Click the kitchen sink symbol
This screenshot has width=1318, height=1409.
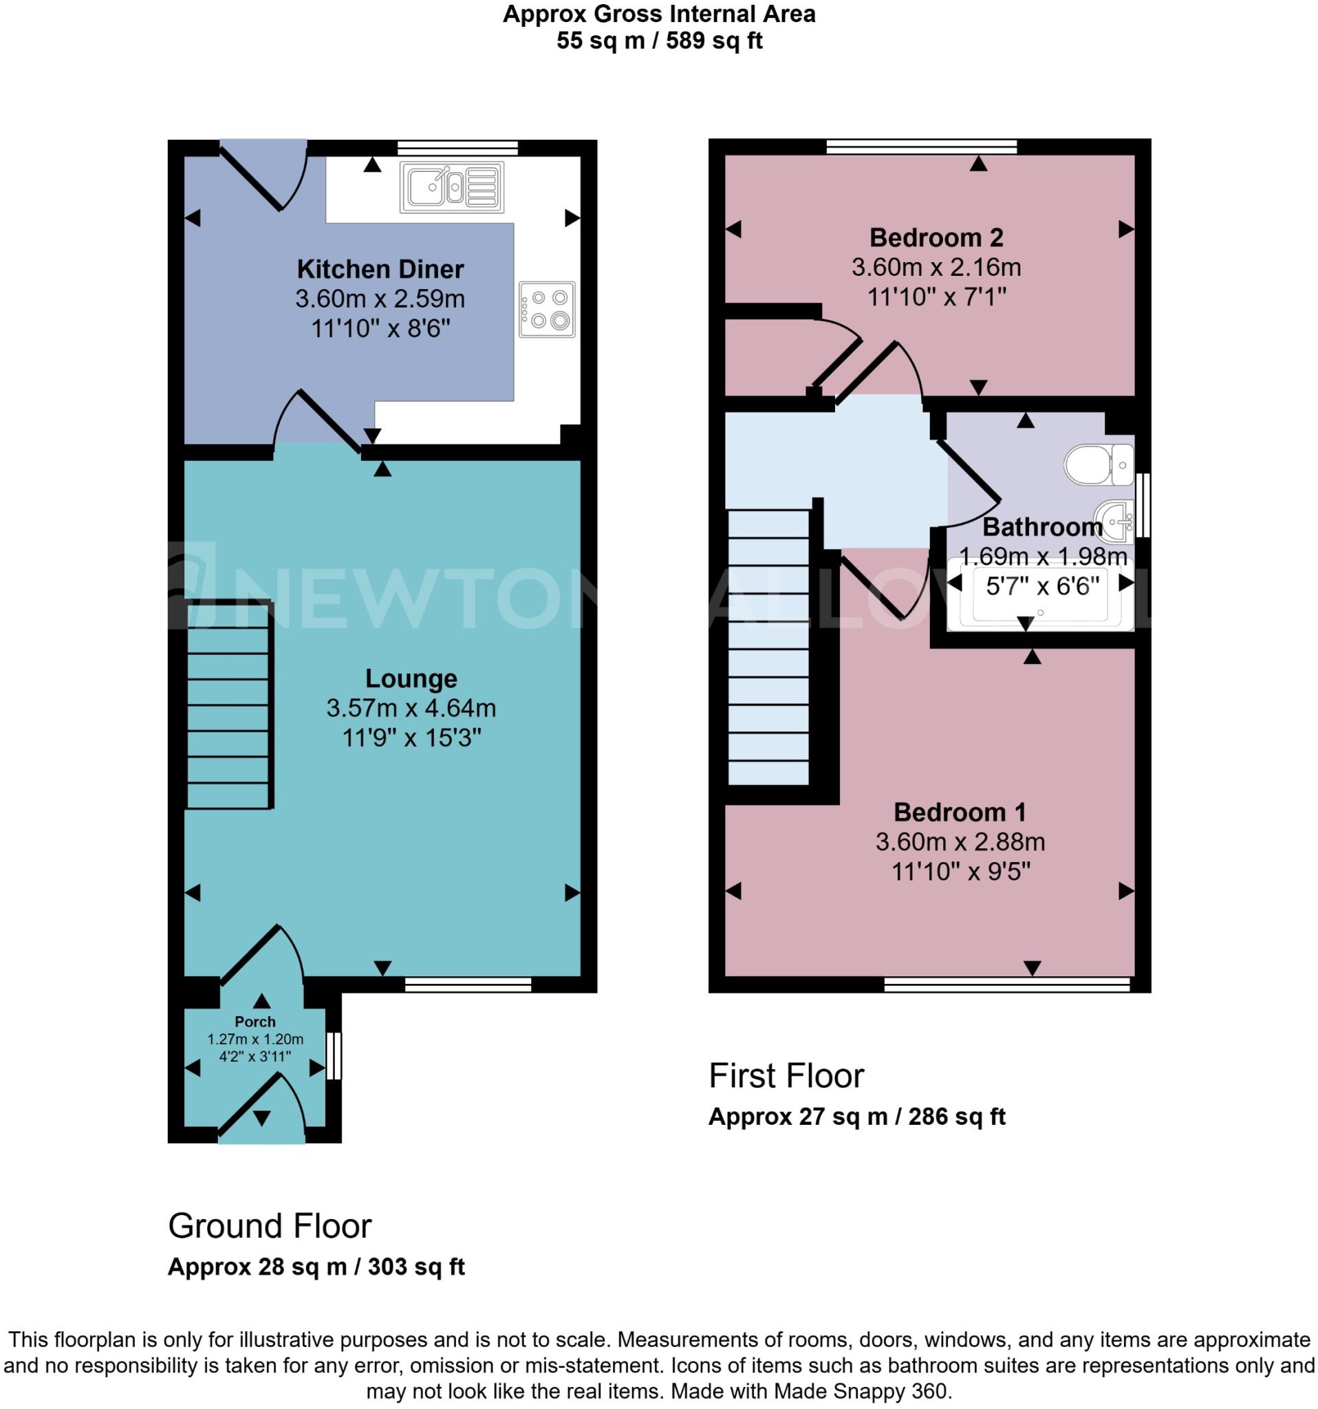[451, 187]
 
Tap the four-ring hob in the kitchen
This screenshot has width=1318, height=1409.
[546, 309]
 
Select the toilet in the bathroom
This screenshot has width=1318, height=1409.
[1099, 464]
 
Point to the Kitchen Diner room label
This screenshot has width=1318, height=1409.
[380, 269]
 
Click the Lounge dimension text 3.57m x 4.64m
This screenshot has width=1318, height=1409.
[411, 708]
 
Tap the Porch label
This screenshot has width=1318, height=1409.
[255, 1021]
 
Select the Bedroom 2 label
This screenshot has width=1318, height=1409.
[936, 237]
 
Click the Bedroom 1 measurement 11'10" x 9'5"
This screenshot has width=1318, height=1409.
[960, 871]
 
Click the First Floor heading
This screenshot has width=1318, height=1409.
[786, 1076]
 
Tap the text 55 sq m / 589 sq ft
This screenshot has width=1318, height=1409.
[659, 41]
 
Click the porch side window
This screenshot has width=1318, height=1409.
[334, 1056]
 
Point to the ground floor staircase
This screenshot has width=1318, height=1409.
[228, 705]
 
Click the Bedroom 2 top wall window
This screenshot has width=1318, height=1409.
[921, 147]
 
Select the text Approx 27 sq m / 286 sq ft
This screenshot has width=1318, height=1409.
[856, 1117]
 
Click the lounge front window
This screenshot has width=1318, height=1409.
[468, 985]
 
